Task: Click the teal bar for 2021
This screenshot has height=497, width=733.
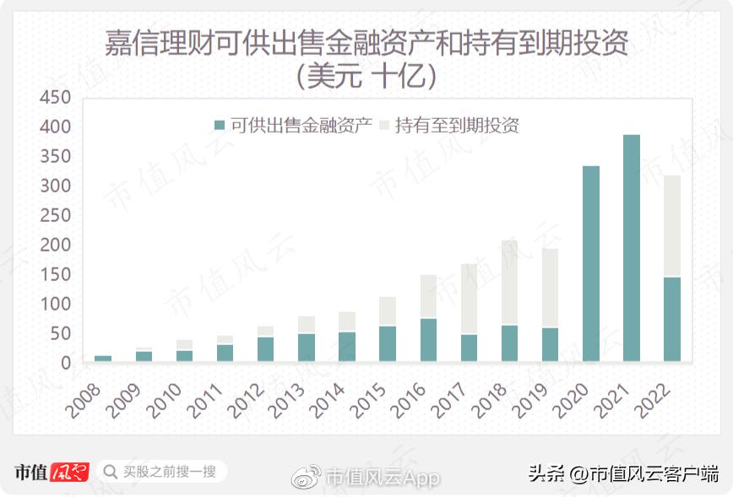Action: point(632,248)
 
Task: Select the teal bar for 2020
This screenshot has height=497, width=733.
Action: point(591,263)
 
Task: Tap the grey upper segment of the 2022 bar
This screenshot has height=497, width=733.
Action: point(672,225)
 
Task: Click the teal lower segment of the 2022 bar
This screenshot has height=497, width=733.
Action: point(672,319)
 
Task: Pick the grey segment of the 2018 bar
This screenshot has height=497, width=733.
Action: point(510,283)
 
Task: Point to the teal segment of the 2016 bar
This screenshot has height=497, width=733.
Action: point(429,340)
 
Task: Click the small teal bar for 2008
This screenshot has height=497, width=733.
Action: point(103,359)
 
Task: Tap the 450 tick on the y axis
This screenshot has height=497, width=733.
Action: point(55,98)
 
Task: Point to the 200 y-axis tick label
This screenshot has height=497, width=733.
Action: point(55,246)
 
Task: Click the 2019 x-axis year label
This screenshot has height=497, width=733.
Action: point(533,399)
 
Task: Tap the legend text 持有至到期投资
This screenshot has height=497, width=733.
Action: point(456,126)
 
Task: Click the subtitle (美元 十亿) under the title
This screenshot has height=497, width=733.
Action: point(366,77)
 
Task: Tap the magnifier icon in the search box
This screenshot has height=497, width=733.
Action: point(110,472)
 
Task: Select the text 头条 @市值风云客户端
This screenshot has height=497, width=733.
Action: point(623,473)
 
